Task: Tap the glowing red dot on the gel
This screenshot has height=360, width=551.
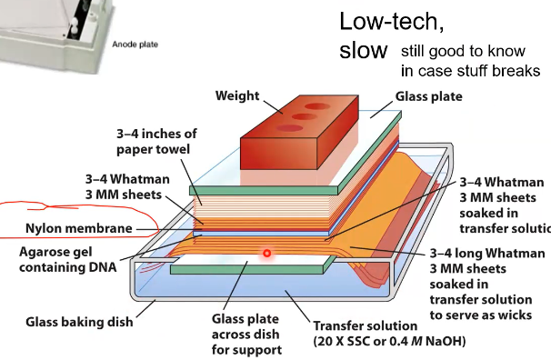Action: (266, 253)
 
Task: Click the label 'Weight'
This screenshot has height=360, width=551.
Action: (236, 96)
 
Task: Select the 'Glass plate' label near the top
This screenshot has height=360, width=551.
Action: (428, 96)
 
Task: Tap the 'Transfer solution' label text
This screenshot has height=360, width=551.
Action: (365, 325)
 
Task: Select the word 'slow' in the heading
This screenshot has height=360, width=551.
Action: (363, 50)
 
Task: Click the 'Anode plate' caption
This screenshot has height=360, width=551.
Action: (136, 43)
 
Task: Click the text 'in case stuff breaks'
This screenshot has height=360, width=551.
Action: (471, 71)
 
